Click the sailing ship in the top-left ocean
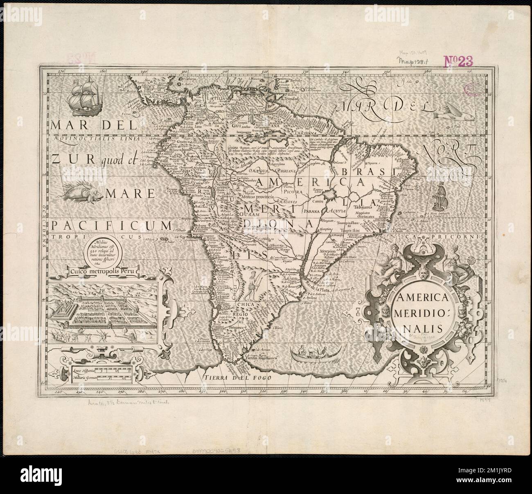85,95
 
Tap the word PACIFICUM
111,225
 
